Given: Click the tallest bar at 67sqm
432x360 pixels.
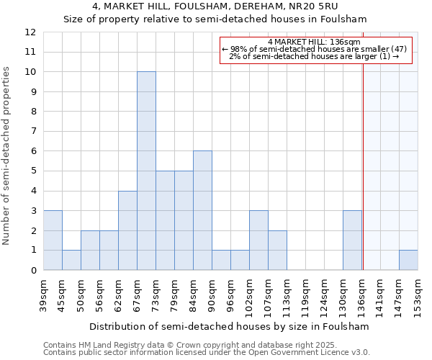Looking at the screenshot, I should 146,171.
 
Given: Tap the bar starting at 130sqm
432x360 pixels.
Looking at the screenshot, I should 352,240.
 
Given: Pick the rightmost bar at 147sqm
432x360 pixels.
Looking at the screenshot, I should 408,260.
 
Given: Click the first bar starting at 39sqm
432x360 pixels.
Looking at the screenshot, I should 53,240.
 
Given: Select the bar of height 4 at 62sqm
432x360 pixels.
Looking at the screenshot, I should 127,230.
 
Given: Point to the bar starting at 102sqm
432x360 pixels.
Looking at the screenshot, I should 258,240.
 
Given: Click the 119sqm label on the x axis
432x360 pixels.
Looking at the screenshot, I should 305,295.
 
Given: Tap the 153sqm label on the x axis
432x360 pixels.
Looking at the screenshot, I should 418,295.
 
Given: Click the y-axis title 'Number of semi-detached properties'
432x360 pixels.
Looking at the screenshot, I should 7,156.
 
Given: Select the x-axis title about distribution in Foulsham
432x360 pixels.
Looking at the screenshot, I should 230,326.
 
